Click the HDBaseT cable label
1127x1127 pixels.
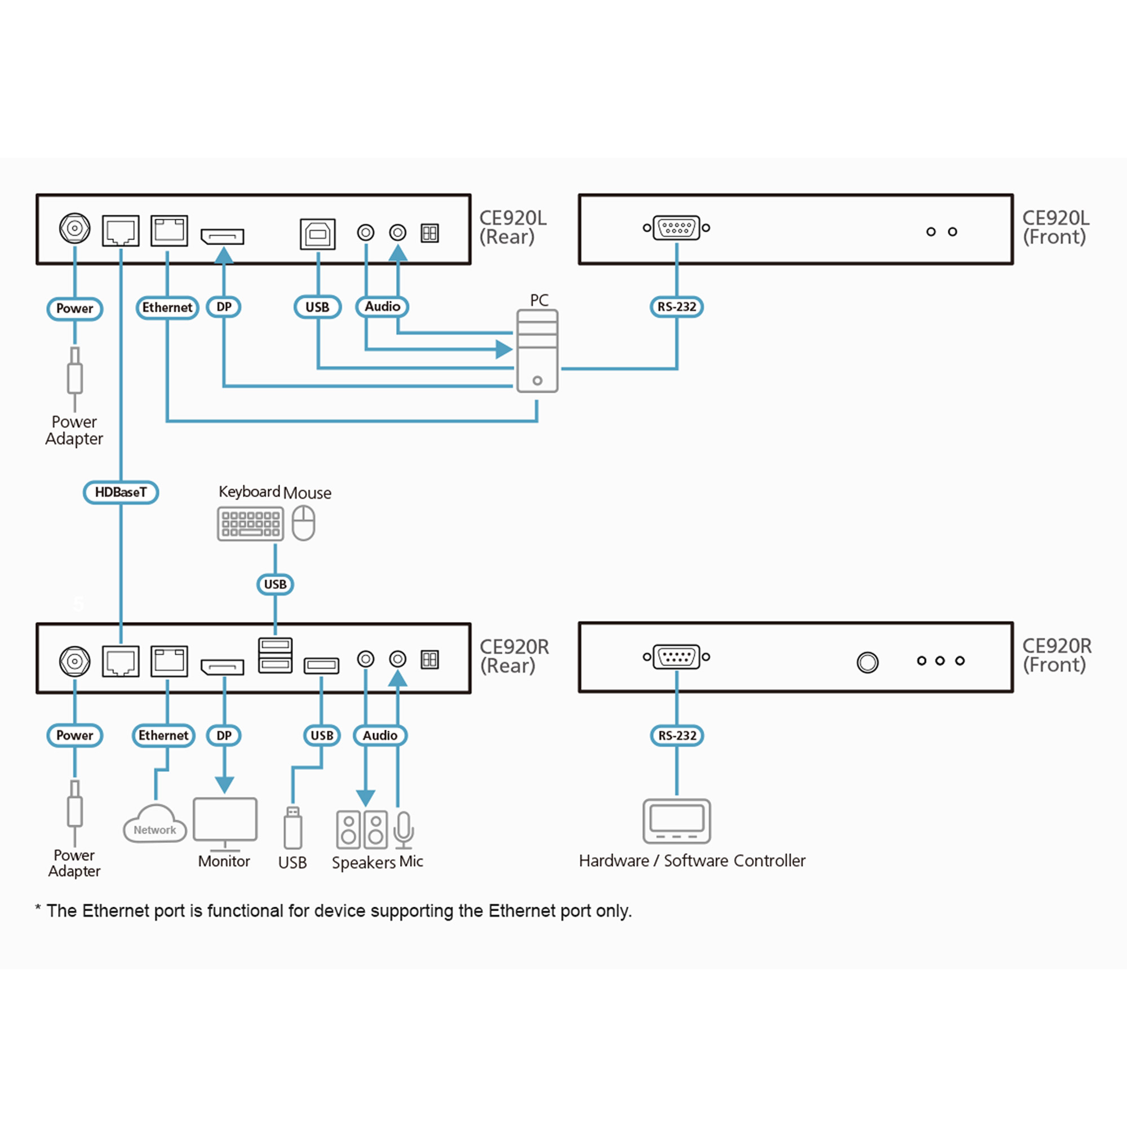(121, 492)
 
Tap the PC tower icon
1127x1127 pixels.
(537, 350)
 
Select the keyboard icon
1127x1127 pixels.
(250, 523)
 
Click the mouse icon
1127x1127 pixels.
(303, 523)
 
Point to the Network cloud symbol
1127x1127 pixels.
(154, 825)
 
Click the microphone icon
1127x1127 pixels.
(403, 829)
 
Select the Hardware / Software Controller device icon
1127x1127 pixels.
(677, 822)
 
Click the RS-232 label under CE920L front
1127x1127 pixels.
(677, 307)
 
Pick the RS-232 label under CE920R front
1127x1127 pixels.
(677, 735)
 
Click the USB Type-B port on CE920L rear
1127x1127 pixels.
(317, 234)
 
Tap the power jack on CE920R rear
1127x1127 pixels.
(75, 661)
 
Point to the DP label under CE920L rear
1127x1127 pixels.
(224, 307)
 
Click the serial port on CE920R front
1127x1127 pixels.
(677, 657)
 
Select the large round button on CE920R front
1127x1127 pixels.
(867, 663)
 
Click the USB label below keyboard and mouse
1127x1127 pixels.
(276, 584)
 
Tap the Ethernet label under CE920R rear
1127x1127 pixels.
(163, 735)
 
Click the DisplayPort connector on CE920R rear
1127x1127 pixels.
(222, 666)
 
